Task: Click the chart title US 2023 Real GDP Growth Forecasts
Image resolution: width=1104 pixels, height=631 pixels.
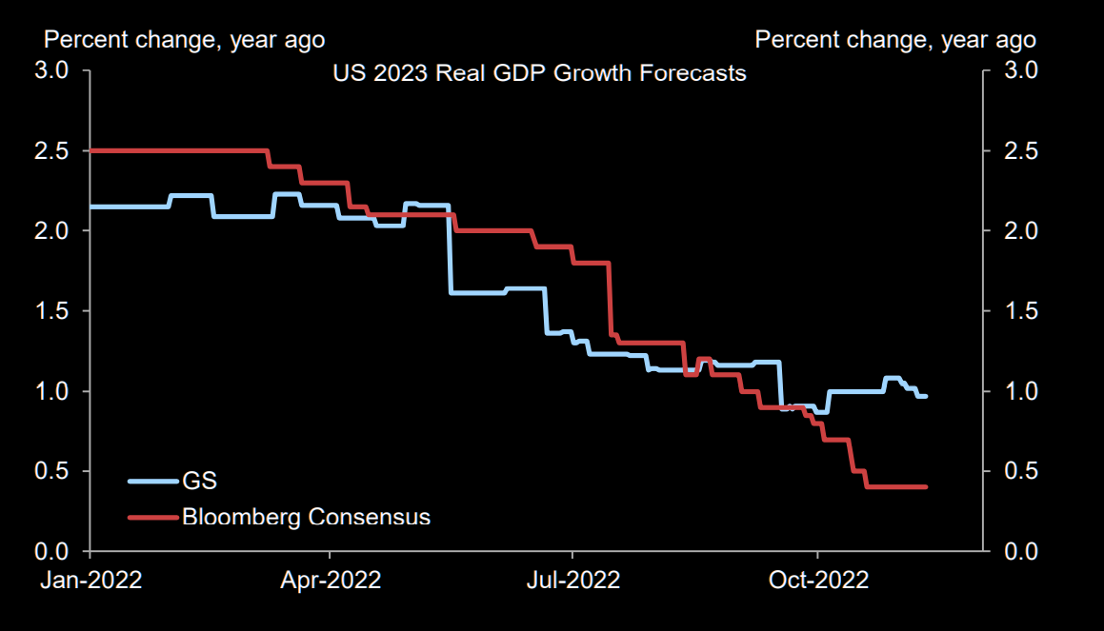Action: pos(538,73)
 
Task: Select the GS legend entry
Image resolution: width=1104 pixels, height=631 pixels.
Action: pos(199,482)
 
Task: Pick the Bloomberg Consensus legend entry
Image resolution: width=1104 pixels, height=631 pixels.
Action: pos(306,517)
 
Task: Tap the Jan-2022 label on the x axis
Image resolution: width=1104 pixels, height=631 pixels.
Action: pos(90,580)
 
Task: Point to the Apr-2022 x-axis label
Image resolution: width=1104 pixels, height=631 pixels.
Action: pos(331,580)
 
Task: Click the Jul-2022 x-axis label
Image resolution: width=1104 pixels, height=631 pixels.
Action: pos(572,580)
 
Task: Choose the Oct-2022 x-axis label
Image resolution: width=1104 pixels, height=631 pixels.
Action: pos(817,580)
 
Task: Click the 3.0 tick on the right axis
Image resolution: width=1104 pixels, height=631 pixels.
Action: pos(1014,71)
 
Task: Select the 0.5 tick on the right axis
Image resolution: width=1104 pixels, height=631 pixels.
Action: pos(1014,471)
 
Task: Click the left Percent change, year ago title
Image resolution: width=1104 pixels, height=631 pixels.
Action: pos(185,40)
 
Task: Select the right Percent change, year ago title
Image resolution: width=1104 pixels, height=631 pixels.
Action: pos(895,40)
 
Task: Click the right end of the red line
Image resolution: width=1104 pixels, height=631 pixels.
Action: pos(926,486)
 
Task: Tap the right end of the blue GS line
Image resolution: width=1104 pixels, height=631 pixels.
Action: pos(926,396)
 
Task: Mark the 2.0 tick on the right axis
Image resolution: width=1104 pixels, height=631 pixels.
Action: pos(1014,231)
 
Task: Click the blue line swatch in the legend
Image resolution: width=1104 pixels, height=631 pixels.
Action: pos(152,482)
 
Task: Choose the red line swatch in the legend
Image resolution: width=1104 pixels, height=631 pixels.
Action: pos(152,517)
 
